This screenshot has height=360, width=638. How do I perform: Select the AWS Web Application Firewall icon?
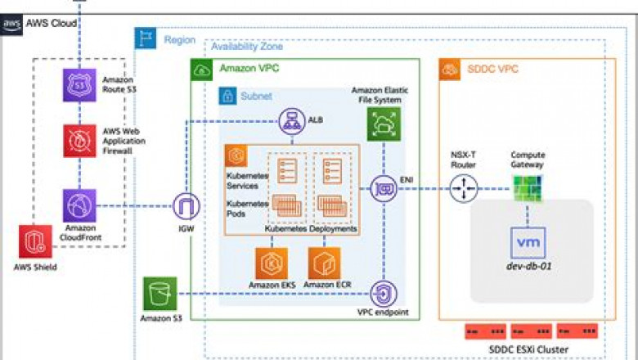[x=81, y=140]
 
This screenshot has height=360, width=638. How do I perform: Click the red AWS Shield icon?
[x=35, y=241]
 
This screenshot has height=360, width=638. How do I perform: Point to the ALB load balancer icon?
[x=292, y=121]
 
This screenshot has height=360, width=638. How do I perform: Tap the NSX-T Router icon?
[x=463, y=189]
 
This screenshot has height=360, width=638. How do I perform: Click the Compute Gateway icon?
[x=527, y=189]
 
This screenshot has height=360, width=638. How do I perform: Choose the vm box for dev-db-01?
[x=527, y=244]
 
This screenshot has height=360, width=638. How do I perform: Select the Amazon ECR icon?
[x=324, y=262]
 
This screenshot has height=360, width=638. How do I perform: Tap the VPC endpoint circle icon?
[x=382, y=294]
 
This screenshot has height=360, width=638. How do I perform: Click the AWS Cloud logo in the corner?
[x=12, y=25]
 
